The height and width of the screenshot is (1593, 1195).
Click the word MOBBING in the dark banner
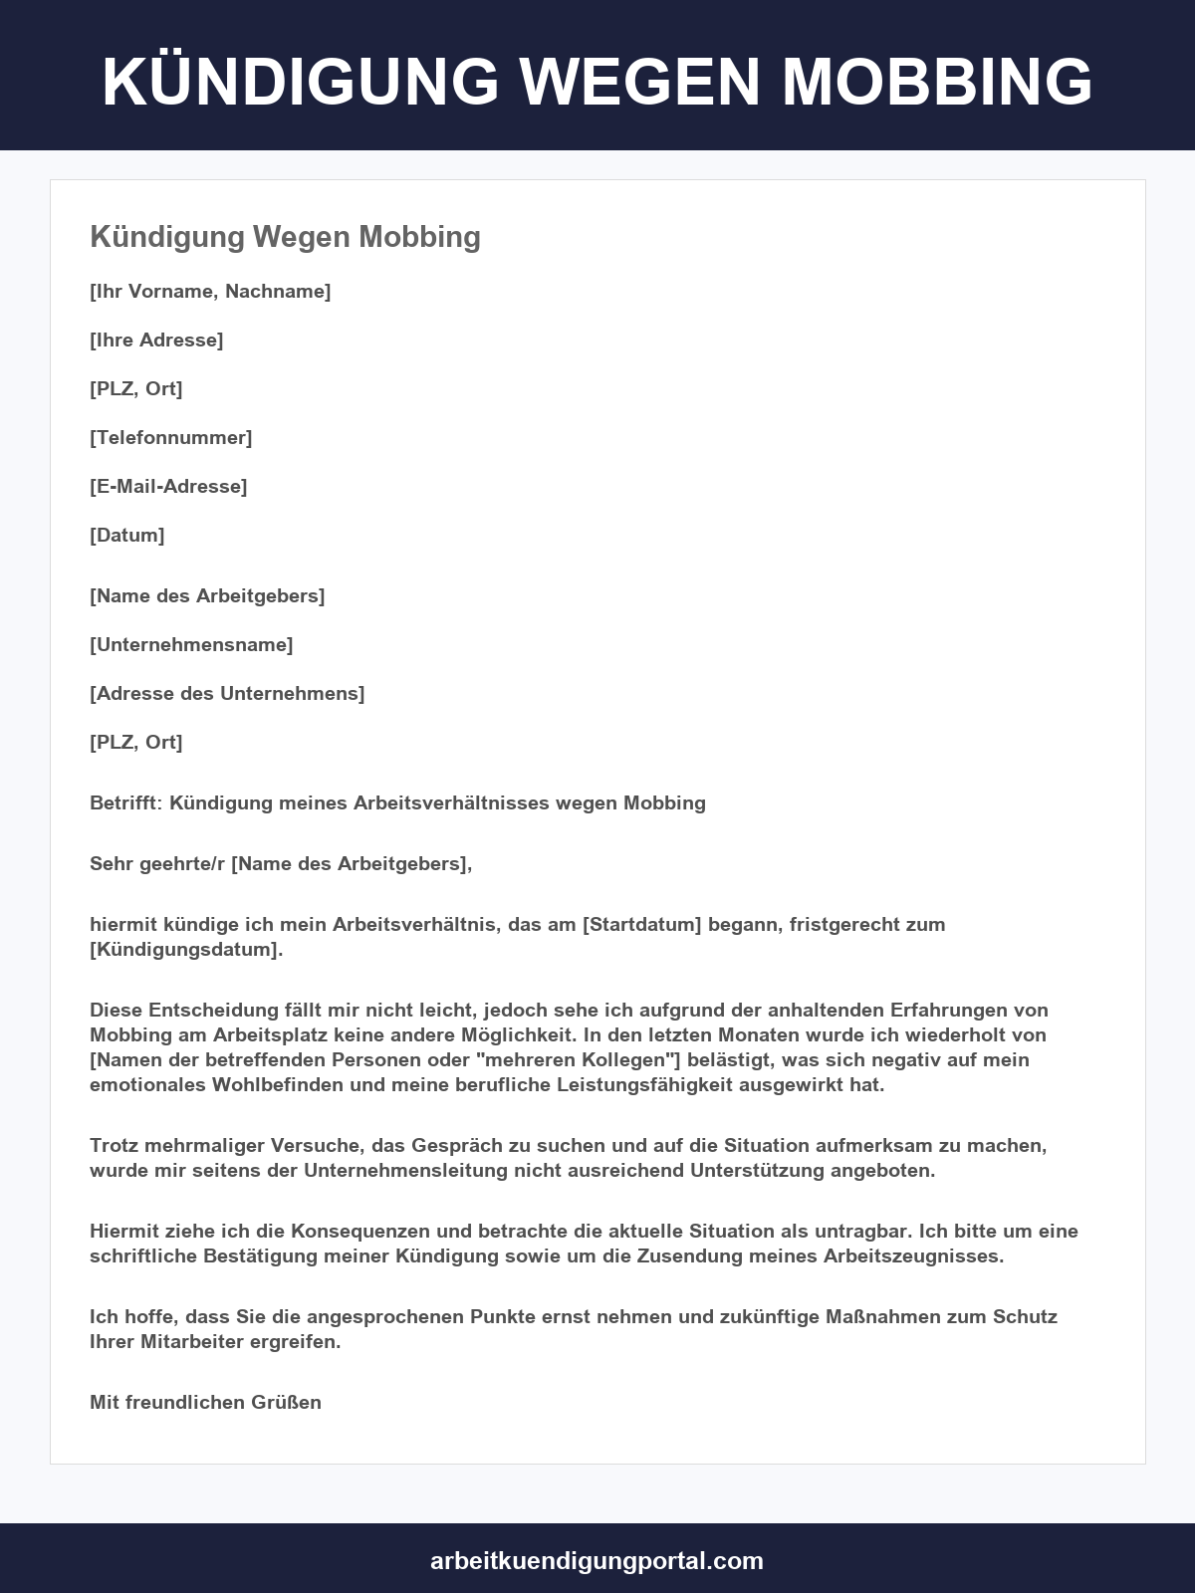click(x=937, y=81)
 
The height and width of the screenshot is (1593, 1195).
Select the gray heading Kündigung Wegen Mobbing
click(x=285, y=237)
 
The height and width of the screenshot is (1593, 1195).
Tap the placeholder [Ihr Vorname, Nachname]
click(x=210, y=291)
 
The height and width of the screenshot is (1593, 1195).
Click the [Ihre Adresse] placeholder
click(x=156, y=340)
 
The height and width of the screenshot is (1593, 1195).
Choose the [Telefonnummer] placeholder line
click(x=170, y=437)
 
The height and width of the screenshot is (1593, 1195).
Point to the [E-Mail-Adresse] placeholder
click(x=168, y=486)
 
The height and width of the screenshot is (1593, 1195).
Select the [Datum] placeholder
click(x=127, y=535)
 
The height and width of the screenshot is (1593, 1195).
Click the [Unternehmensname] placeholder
click(x=191, y=644)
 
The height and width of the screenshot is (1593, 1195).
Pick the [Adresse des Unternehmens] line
click(x=227, y=693)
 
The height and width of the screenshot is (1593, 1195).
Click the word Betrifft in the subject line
click(x=123, y=802)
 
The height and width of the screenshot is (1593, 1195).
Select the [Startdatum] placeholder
click(x=642, y=924)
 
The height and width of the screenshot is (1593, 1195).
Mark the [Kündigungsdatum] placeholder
click(x=186, y=949)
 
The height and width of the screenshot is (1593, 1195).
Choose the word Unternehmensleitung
click(x=406, y=1170)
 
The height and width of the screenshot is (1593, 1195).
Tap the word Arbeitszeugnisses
click(x=913, y=1255)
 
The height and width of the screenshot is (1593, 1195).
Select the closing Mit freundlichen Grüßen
click(x=205, y=1402)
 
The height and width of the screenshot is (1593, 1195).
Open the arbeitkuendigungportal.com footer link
click(x=597, y=1560)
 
